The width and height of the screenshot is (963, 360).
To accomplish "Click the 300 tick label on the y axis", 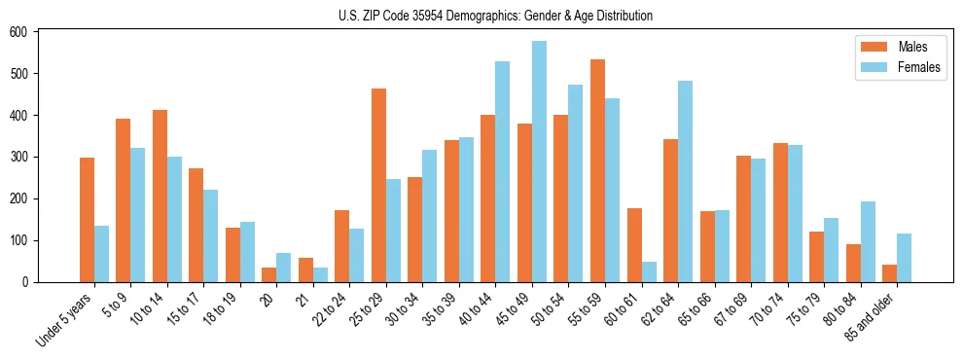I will click(x=21, y=157).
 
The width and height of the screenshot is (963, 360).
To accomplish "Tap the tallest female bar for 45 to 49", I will click(x=539, y=162).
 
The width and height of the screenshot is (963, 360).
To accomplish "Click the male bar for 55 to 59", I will click(x=597, y=171).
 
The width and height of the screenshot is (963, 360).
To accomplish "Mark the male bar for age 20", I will click(x=268, y=274).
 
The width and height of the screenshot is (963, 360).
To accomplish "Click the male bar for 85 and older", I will click(x=889, y=273).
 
